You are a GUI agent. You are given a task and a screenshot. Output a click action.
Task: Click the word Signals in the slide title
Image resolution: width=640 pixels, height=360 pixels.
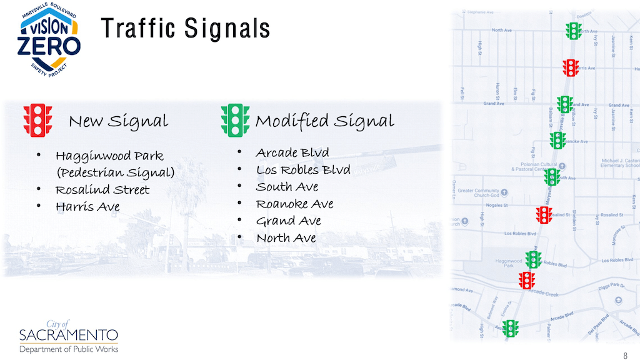click(x=227, y=28)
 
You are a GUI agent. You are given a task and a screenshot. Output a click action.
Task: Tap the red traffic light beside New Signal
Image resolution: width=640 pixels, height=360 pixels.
click(x=37, y=120)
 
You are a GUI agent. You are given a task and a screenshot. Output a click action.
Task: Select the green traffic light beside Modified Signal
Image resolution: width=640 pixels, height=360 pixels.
click(x=235, y=120)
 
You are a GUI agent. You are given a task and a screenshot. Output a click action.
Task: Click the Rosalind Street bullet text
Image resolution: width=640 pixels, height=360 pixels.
click(x=102, y=189)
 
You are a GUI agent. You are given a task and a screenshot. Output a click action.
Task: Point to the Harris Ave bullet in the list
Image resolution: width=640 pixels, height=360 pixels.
click(x=87, y=206)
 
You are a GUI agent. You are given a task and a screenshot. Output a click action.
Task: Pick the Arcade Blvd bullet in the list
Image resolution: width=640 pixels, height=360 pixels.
click(x=292, y=153)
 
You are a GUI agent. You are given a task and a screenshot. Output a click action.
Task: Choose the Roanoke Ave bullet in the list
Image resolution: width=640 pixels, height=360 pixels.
click(x=294, y=204)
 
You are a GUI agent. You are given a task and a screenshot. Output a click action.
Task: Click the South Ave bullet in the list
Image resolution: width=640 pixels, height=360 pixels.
click(x=287, y=187)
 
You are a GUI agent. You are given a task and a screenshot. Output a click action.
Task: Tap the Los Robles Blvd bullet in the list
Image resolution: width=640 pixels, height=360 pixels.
click(x=303, y=170)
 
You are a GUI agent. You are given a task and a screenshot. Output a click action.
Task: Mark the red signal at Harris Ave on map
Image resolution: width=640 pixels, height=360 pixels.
click(x=571, y=67)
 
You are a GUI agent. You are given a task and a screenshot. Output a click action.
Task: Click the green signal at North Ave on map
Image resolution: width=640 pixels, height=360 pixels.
click(x=573, y=31)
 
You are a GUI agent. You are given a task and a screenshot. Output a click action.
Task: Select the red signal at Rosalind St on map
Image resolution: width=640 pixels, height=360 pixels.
click(x=544, y=215)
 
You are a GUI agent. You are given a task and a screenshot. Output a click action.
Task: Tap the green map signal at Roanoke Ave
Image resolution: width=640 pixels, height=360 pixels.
click(x=557, y=141)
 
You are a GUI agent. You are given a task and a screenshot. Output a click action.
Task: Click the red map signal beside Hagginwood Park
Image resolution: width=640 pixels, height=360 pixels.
click(x=527, y=280)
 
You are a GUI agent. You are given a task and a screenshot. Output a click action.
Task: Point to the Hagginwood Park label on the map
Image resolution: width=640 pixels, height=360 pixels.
click(x=508, y=262)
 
